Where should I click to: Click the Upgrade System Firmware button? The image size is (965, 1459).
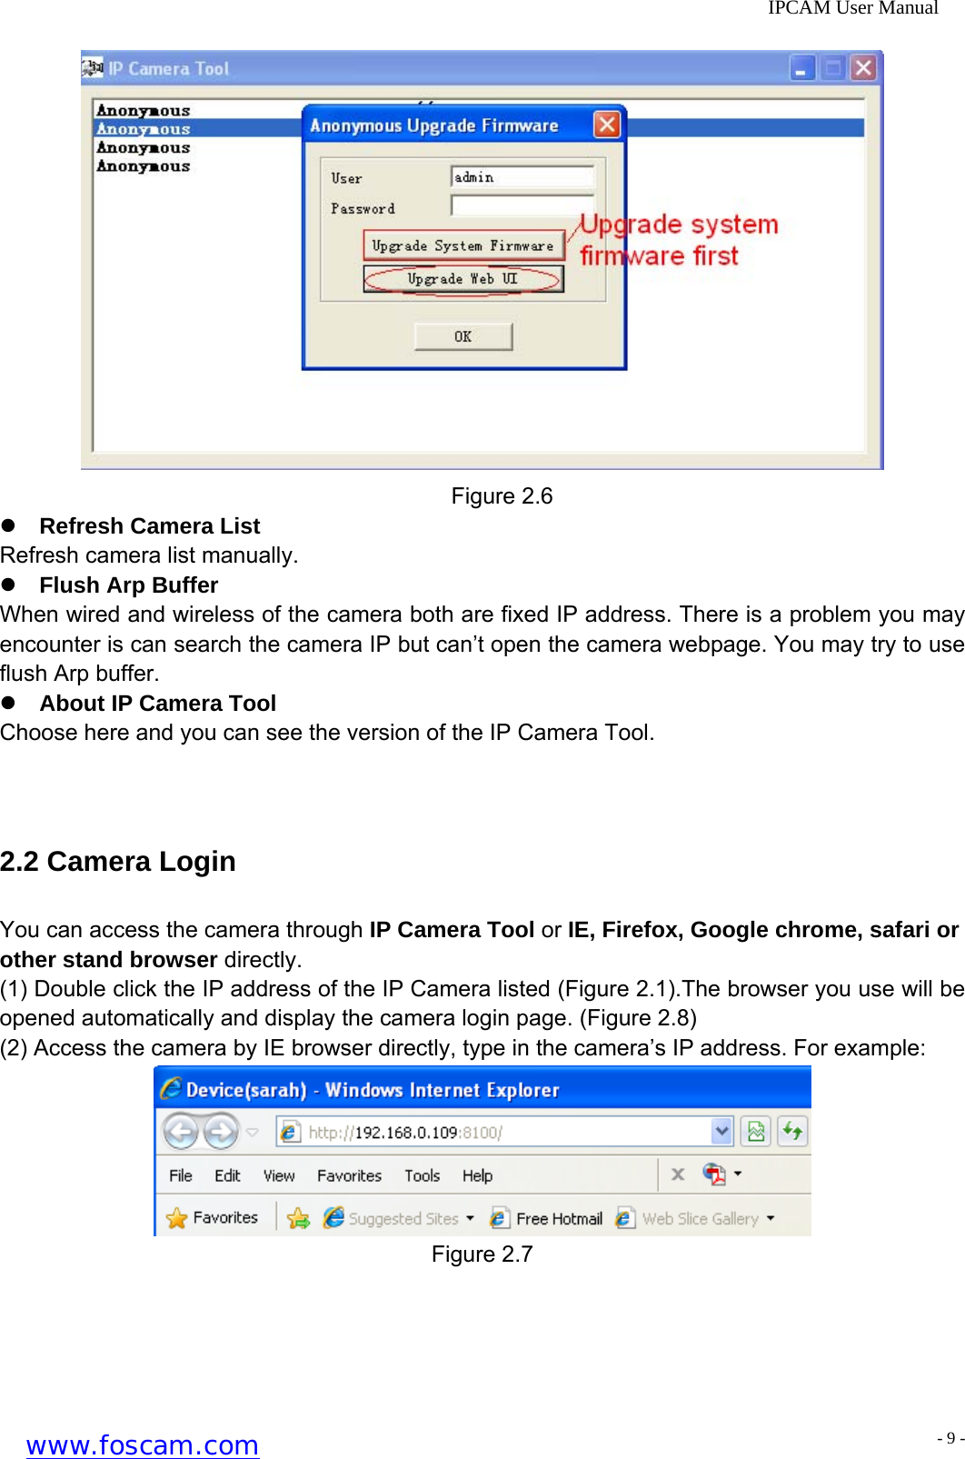pyautogui.click(x=463, y=245)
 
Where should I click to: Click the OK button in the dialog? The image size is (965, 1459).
pyautogui.click(x=463, y=336)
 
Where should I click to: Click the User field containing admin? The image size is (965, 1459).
pyautogui.click(x=522, y=177)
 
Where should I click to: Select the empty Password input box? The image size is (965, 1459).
pyautogui.click(x=522, y=206)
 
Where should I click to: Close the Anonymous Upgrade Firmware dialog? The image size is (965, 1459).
pyautogui.click(x=606, y=125)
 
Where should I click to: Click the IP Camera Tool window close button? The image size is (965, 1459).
pyautogui.click(x=862, y=68)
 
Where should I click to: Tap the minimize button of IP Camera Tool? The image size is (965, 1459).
pyautogui.click(x=801, y=68)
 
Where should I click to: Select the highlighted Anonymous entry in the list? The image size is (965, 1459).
pyautogui.click(x=144, y=129)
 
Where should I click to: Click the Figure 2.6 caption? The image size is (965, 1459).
pyautogui.click(x=502, y=496)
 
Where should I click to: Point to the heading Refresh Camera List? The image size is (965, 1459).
pyautogui.click(x=149, y=526)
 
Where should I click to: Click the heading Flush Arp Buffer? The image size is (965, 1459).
pyautogui.click(x=128, y=585)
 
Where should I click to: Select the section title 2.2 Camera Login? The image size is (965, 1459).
pyautogui.click(x=118, y=862)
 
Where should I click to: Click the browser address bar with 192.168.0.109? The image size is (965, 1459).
pyautogui.click(x=500, y=1132)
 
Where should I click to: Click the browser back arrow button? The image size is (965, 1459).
pyautogui.click(x=181, y=1132)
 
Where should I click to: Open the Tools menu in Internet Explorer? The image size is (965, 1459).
pyautogui.click(x=422, y=1175)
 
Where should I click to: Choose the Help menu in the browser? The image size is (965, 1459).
pyautogui.click(x=477, y=1175)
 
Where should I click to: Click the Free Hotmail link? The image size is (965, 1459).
pyautogui.click(x=558, y=1219)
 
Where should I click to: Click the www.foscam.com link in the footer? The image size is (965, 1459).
pyautogui.click(x=143, y=1444)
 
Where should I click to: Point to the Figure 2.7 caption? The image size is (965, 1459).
pyautogui.click(x=482, y=1254)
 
